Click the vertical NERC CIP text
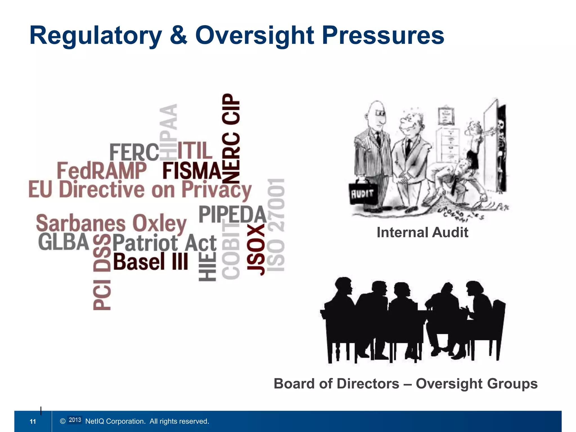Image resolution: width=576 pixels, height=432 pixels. (231, 138)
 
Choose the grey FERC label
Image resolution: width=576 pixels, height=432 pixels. (134, 152)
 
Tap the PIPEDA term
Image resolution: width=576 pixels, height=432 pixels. (232, 215)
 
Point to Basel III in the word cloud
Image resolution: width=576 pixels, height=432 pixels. (150, 261)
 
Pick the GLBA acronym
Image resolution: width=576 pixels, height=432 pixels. (64, 242)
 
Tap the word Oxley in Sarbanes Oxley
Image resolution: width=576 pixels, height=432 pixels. (159, 224)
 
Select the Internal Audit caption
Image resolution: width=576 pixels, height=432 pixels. (422, 232)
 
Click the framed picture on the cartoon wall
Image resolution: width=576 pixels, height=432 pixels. (446, 116)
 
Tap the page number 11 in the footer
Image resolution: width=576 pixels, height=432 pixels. (33, 421)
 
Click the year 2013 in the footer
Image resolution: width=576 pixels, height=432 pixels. (75, 420)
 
